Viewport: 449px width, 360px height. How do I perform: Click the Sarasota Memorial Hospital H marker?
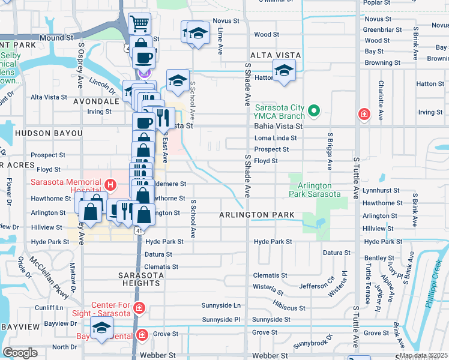point(110,184)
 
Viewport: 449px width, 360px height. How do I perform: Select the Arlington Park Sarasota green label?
point(315,189)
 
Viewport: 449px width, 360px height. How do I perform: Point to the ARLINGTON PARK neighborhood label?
point(256,215)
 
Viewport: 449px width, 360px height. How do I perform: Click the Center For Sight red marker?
point(139,308)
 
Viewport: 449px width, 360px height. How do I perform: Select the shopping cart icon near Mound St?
point(139,24)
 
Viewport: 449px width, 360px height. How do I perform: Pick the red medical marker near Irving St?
point(364,113)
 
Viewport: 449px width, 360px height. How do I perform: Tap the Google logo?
point(20,352)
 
